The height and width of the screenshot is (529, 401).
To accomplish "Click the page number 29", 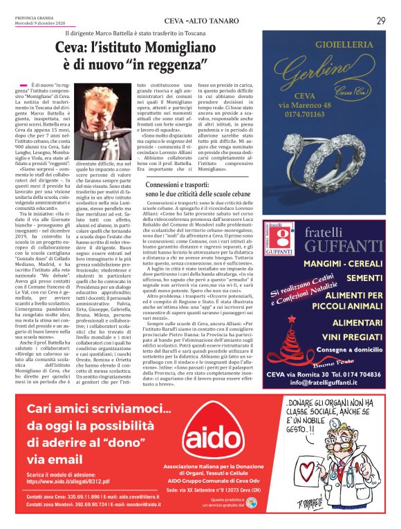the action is [381, 20].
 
